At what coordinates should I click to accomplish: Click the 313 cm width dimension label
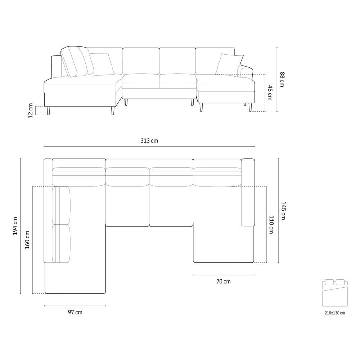(149, 140)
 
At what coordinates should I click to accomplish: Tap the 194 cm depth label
(15, 226)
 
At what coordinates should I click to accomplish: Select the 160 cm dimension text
(27, 240)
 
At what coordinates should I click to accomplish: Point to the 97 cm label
(75, 312)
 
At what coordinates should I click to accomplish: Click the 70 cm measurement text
(224, 281)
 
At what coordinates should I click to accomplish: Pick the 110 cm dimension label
(271, 225)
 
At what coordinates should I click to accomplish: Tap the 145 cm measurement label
(283, 211)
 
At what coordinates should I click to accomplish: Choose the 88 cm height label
(282, 80)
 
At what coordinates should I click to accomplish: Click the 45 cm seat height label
(270, 93)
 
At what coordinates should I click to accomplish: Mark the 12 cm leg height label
(31, 111)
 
